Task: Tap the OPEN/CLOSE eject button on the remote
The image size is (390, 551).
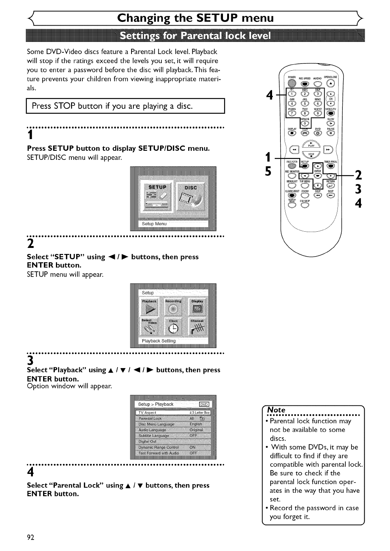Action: click(331, 84)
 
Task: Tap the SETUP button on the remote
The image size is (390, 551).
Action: click(305, 166)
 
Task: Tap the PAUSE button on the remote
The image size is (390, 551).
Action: click(331, 133)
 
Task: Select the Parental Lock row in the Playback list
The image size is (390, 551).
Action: click(173, 418)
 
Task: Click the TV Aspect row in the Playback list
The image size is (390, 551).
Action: click(173, 413)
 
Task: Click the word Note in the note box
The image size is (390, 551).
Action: click(276, 410)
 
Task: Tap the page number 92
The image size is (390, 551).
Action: click(31, 538)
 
